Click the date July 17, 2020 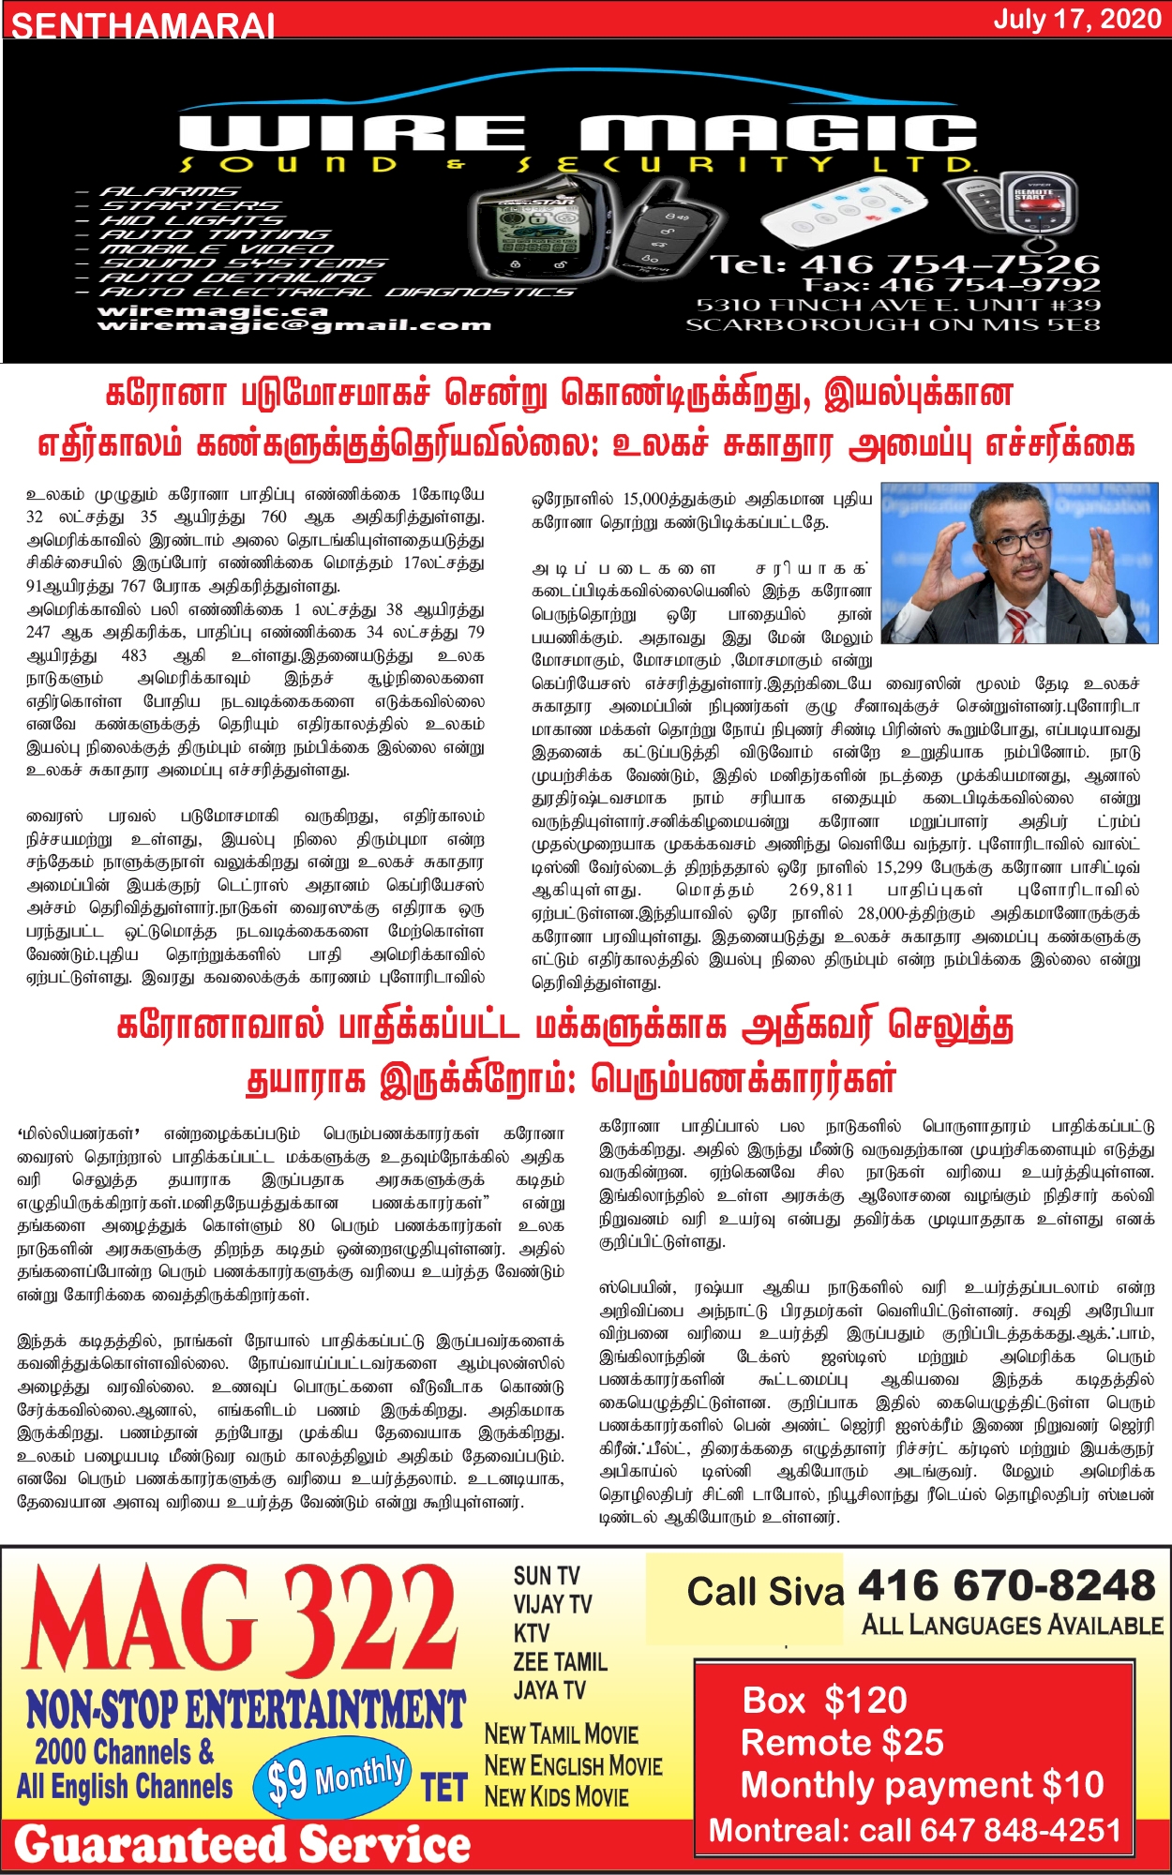coord(1077,20)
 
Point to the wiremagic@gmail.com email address coord(293,325)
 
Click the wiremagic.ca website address coord(213,310)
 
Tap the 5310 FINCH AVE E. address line coord(897,305)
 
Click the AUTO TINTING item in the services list coord(215,234)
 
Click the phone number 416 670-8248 coord(1006,1586)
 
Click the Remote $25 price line coord(842,1742)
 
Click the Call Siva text coord(765,1592)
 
